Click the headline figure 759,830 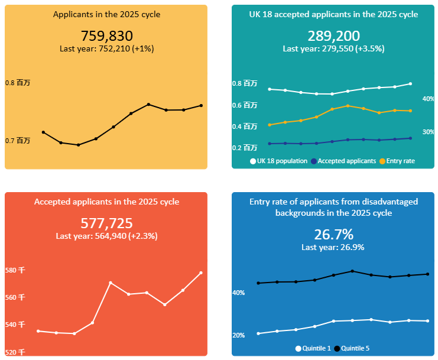[x=106, y=36]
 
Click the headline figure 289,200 [x=333, y=36]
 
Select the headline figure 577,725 [x=106, y=223]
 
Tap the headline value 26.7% [x=333, y=234]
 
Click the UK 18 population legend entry [x=279, y=161]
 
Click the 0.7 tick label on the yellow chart [x=18, y=141]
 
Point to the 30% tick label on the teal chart [x=428, y=132]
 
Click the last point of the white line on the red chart [x=201, y=273]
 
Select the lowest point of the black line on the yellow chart [x=78, y=145]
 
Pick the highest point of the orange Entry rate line [x=348, y=106]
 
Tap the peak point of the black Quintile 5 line [x=352, y=271]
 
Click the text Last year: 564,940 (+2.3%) [x=106, y=236]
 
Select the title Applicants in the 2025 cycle [x=106, y=14]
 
